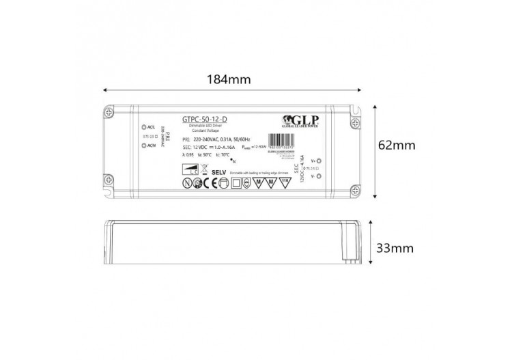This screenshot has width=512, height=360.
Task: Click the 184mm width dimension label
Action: click(229, 80)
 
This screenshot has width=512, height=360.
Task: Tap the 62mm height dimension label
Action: click(399, 146)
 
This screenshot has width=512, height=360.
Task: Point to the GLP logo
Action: click(304, 120)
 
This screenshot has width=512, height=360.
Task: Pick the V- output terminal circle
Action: click(320, 176)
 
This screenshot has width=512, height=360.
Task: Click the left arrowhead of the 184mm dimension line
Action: click(105, 89)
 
